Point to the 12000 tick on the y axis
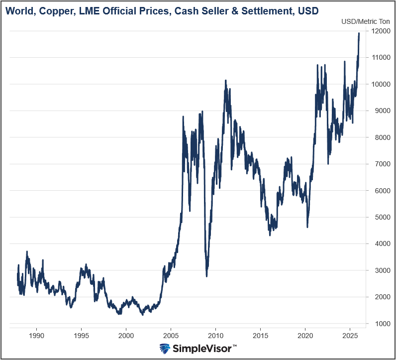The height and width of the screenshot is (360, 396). pos(380,31)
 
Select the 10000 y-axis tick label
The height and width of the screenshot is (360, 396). pos(380,84)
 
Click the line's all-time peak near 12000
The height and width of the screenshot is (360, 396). pos(359,33)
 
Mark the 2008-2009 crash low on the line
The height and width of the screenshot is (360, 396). pos(206,276)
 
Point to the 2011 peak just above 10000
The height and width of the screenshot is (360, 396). pos(225,80)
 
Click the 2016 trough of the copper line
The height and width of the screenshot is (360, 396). pos(270,235)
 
